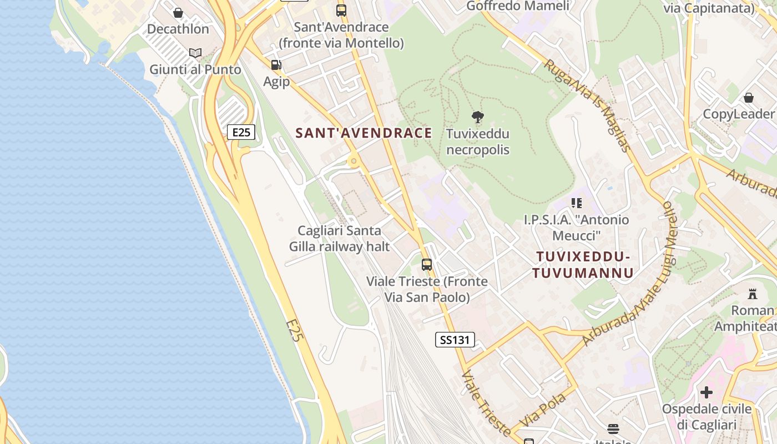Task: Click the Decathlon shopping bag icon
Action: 178,12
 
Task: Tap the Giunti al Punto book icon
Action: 195,53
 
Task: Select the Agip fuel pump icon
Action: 276,65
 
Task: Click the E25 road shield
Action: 241,132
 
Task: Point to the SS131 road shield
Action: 455,340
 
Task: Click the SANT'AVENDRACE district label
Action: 364,133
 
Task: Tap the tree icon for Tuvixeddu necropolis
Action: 477,117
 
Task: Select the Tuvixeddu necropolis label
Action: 478,142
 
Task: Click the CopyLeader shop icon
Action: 749,98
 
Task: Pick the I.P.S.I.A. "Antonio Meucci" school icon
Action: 577,203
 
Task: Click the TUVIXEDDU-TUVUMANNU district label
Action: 583,265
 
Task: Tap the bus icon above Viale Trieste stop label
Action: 427,265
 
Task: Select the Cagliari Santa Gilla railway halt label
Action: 340,239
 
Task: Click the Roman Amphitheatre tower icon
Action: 753,294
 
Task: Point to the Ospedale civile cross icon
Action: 706,392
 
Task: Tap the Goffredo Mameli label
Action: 518,6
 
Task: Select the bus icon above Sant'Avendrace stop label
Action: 341,10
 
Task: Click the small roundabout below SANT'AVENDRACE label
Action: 354,162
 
